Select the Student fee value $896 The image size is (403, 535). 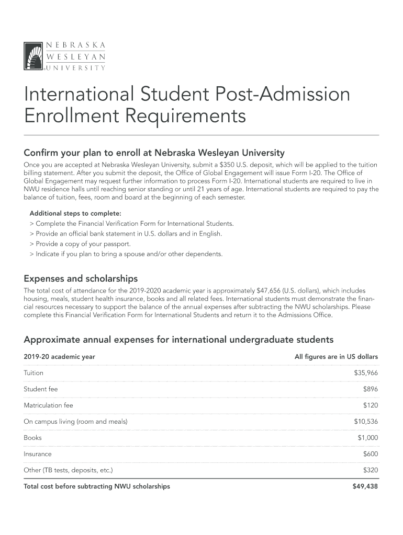(x=370, y=389)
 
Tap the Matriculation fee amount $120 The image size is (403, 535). (x=370, y=405)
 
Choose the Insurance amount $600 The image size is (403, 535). (x=370, y=454)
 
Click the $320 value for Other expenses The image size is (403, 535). (x=370, y=470)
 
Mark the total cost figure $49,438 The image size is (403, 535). (x=365, y=486)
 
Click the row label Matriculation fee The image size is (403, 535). (x=48, y=405)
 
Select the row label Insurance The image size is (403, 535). (x=38, y=454)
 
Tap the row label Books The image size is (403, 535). (x=32, y=438)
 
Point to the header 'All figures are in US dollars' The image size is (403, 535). (x=336, y=357)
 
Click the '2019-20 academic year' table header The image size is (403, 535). (x=59, y=357)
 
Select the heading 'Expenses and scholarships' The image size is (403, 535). (x=81, y=278)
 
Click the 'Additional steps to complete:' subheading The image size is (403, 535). (x=75, y=213)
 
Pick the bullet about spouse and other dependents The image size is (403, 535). (x=126, y=254)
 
